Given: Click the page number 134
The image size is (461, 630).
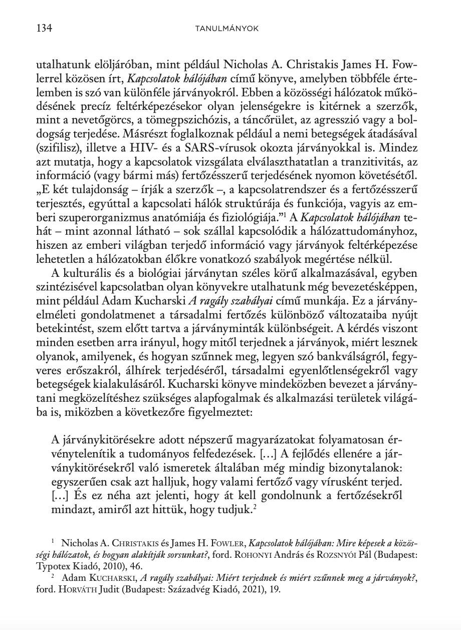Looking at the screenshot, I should click(x=44, y=28).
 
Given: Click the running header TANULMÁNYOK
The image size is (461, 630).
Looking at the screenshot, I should click(x=226, y=29).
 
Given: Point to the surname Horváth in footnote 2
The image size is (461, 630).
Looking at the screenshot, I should click(x=70, y=589).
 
